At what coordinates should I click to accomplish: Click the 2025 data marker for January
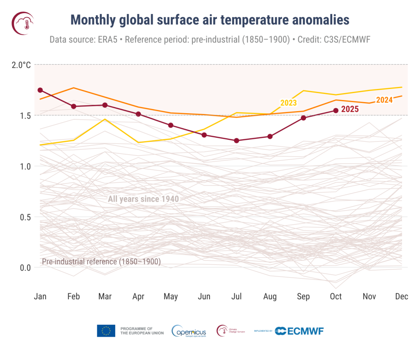tap(40, 90)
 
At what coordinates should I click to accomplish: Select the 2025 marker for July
tap(237, 141)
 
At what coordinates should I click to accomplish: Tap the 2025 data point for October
tap(336, 110)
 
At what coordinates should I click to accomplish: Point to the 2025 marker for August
tap(270, 136)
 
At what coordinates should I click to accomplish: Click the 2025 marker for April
tap(138, 114)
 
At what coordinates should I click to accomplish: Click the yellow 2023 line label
tap(288, 103)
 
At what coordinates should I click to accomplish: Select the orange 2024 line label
tap(384, 100)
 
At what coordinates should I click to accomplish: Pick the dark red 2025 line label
tap(350, 109)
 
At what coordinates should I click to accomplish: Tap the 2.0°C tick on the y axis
tap(21, 65)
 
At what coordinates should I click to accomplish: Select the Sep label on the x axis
tap(303, 296)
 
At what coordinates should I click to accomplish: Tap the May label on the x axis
tap(171, 296)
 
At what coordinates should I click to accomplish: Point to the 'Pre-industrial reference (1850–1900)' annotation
tap(101, 262)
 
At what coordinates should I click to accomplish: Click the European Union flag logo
tap(106, 331)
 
